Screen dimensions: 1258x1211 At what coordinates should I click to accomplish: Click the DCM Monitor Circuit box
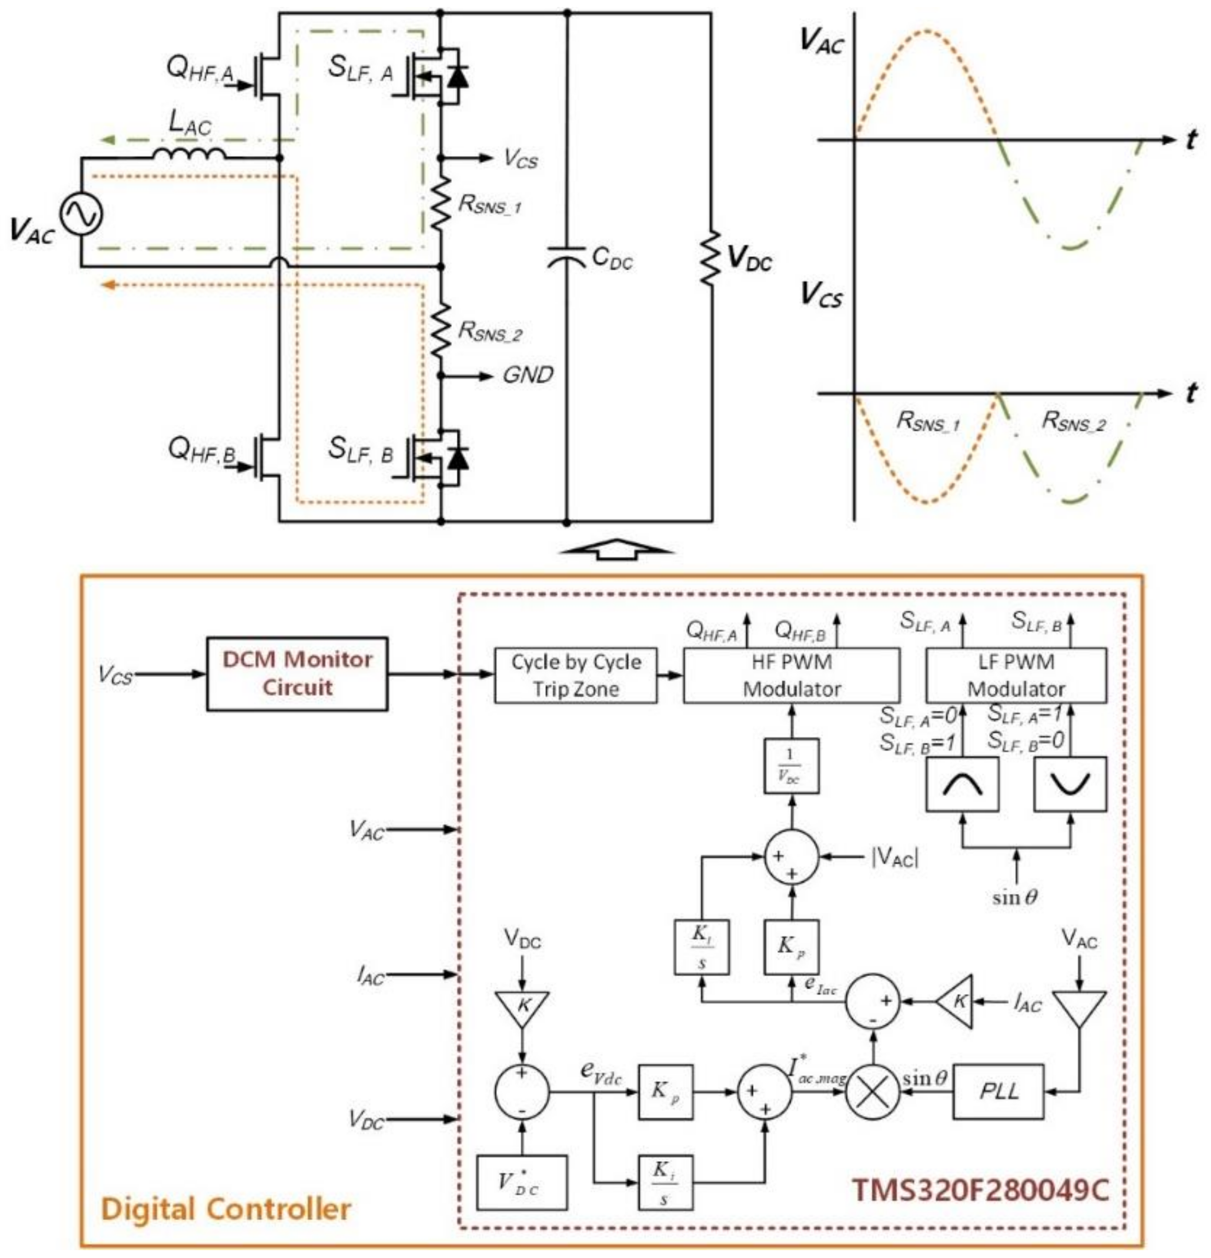point(297,673)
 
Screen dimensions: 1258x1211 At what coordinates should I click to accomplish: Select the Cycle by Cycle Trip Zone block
point(575,675)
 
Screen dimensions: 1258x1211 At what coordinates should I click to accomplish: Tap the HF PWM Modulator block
point(791,675)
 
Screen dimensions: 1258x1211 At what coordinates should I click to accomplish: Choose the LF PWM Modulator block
point(1015,675)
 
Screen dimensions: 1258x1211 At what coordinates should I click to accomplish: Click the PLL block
point(999,1091)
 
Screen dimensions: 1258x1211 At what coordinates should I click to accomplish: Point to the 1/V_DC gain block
point(791,766)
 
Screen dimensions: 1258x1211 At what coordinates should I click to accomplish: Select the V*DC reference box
point(522,1182)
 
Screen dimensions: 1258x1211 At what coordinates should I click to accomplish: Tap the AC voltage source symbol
point(81,214)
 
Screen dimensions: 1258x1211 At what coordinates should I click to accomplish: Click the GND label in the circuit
point(528,375)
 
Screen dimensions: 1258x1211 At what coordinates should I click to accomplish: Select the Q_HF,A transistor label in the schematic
point(200,69)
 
